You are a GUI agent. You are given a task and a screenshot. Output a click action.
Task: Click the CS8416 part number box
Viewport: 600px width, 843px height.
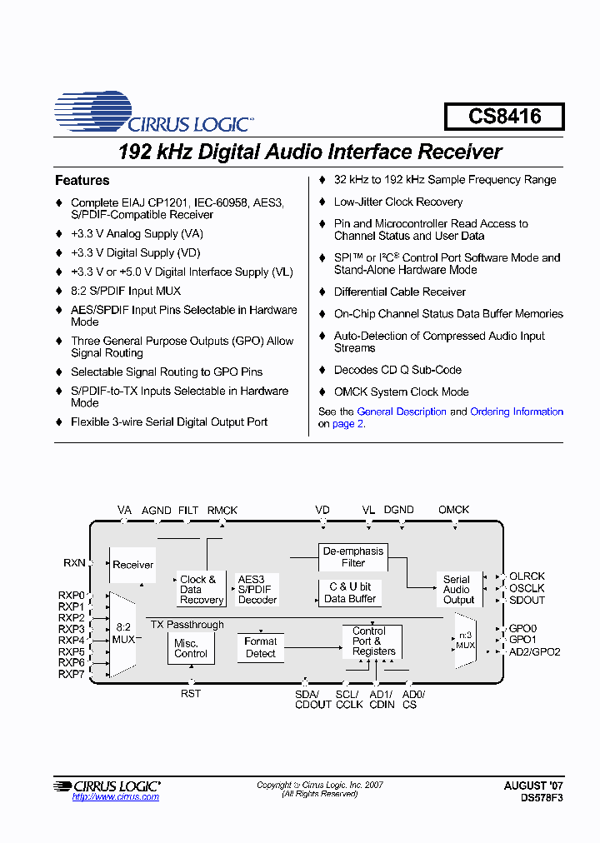504,117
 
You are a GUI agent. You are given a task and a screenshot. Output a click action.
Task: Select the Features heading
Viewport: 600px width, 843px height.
82,180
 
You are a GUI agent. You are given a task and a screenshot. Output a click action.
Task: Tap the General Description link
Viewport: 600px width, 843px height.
402,412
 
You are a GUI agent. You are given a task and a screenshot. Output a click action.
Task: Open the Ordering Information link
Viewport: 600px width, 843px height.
517,412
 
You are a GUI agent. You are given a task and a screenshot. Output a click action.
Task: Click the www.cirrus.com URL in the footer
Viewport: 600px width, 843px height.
115,797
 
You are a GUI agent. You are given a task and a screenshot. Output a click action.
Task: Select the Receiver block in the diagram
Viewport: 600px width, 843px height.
132,564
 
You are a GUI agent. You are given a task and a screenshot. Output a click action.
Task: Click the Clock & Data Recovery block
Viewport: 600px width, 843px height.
201,590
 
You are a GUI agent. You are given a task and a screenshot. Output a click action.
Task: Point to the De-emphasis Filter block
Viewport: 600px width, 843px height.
353,556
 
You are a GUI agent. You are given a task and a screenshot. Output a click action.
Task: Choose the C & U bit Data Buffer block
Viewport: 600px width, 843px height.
350,592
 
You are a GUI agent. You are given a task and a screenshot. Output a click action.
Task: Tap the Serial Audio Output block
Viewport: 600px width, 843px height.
457,589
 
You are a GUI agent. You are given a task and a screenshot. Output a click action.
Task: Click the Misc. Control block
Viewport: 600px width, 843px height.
191,648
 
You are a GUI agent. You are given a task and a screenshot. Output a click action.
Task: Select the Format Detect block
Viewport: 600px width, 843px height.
260,647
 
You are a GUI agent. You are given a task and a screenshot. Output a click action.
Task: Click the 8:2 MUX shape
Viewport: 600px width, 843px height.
123,633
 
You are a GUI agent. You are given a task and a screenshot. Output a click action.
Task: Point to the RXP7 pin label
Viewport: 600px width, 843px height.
72,674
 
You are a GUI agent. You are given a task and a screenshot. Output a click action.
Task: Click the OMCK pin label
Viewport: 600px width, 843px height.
453,510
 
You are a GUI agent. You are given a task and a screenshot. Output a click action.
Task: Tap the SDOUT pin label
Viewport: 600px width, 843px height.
527,600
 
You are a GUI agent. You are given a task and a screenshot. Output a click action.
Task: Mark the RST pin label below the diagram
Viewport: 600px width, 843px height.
191,693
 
